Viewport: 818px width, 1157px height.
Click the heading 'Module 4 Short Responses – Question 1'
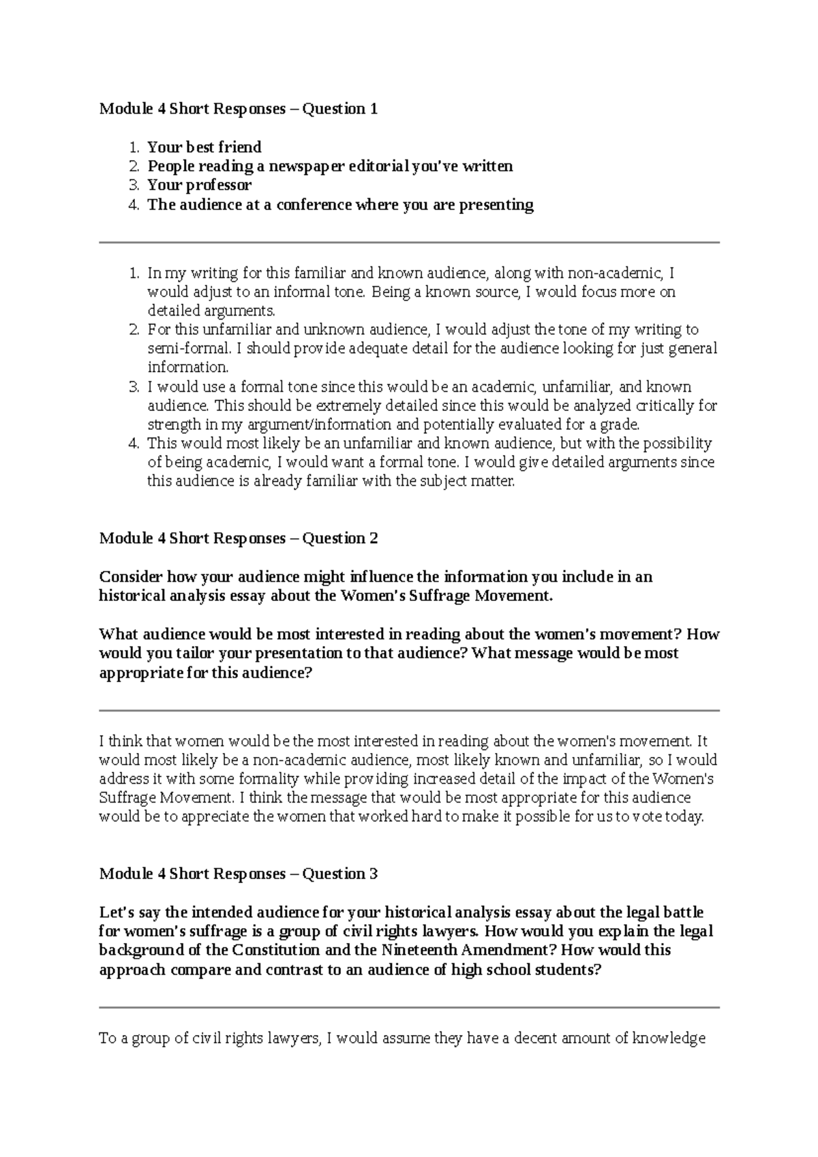238,109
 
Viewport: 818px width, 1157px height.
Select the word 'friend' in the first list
239,147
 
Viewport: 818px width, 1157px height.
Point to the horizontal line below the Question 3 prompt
409,1007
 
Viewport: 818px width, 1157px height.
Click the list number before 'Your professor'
134,185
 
